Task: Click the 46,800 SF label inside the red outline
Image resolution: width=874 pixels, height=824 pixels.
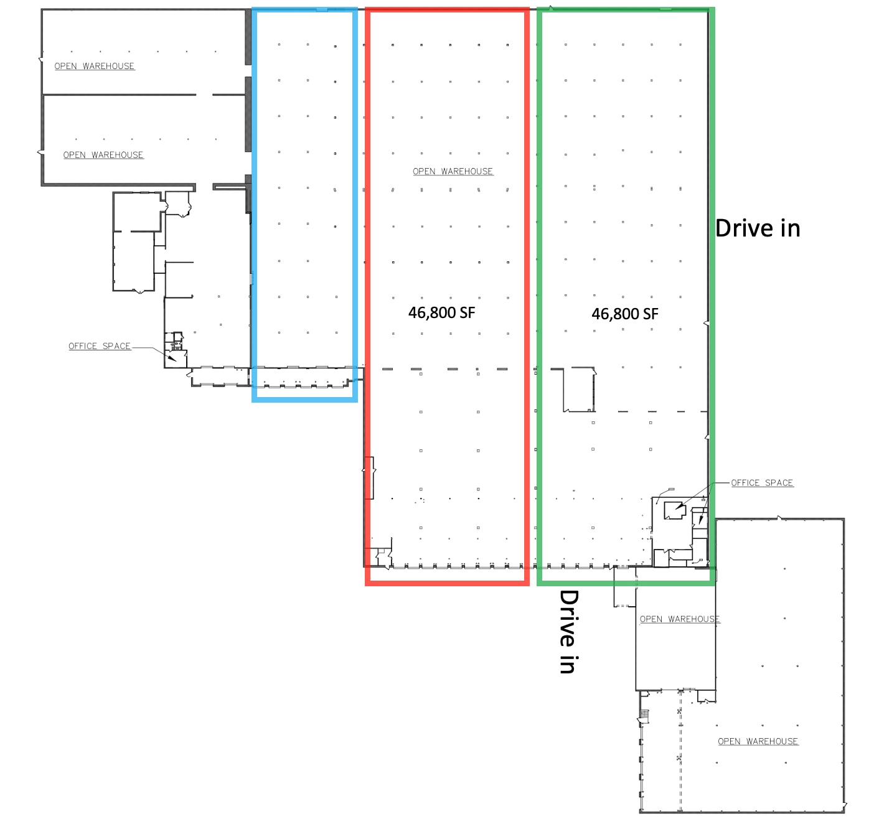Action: click(441, 312)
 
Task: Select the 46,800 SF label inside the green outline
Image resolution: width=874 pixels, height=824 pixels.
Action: click(624, 314)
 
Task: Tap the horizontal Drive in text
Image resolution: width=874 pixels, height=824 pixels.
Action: click(757, 228)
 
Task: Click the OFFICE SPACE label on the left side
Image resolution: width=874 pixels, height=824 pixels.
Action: click(100, 346)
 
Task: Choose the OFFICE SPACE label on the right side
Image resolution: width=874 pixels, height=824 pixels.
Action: click(762, 482)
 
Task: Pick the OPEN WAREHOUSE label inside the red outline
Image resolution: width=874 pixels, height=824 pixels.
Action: click(453, 171)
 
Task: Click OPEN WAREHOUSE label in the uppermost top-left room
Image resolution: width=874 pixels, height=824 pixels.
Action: click(94, 66)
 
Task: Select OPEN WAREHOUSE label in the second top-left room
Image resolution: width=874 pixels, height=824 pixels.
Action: click(103, 155)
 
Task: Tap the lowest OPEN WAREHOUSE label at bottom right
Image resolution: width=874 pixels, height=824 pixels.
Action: click(758, 741)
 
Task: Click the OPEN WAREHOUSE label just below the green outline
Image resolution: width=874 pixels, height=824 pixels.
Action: click(679, 619)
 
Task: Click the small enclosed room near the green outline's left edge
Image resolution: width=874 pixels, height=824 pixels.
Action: click(579, 390)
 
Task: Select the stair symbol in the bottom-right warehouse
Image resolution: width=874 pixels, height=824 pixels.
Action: click(645, 716)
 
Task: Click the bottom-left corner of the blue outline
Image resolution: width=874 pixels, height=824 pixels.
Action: click(254, 400)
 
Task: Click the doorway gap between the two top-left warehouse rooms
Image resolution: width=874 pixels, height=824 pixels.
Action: click(204, 95)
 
